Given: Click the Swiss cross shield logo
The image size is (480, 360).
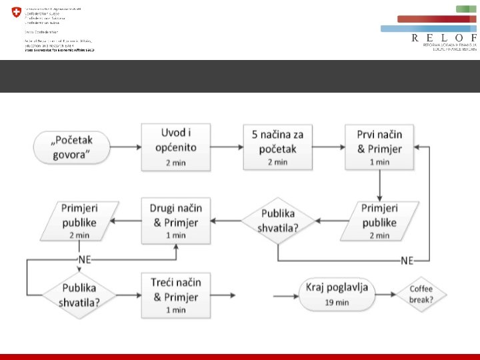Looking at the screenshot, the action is pos(16,13).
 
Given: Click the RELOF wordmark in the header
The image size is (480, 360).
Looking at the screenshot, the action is pos(444,38).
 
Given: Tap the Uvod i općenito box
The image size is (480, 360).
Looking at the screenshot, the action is pos(176,146).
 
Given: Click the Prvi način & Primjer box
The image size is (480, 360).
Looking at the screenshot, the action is pos(379,146).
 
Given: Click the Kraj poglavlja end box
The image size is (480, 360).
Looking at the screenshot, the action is pos(337,294).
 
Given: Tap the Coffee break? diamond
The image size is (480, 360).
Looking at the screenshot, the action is pos(421,294).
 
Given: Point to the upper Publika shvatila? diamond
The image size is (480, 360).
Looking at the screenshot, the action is pos(277,221).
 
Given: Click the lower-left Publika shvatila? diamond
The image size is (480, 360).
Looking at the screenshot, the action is pos(79,294).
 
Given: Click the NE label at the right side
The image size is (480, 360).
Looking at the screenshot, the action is pos(407,260).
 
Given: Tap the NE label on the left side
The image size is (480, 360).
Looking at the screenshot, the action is pos(84,259).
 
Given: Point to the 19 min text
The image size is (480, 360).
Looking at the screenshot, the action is pos(337,302).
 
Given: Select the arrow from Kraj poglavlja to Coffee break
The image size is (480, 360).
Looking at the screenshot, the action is pos(385,294).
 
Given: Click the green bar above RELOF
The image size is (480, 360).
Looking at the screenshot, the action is pos(466,9).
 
